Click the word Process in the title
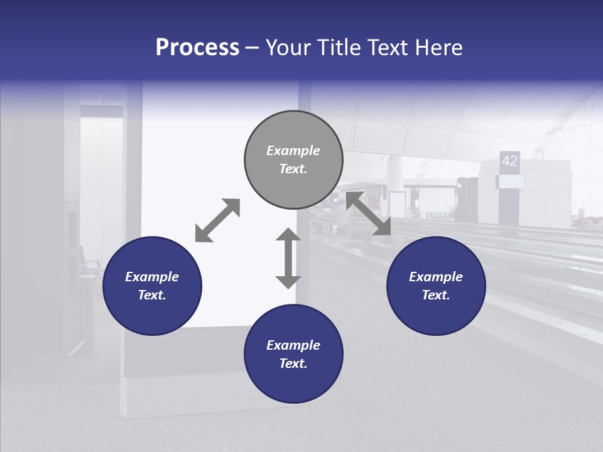(197, 48)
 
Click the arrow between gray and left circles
(217, 220)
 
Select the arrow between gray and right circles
(368, 213)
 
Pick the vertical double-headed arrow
(288, 259)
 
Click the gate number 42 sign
(509, 161)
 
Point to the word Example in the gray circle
(293, 151)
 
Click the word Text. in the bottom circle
(293, 363)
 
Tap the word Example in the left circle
(152, 277)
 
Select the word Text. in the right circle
(436, 295)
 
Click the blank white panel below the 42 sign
(510, 181)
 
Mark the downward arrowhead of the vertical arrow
(288, 281)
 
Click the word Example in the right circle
(436, 277)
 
